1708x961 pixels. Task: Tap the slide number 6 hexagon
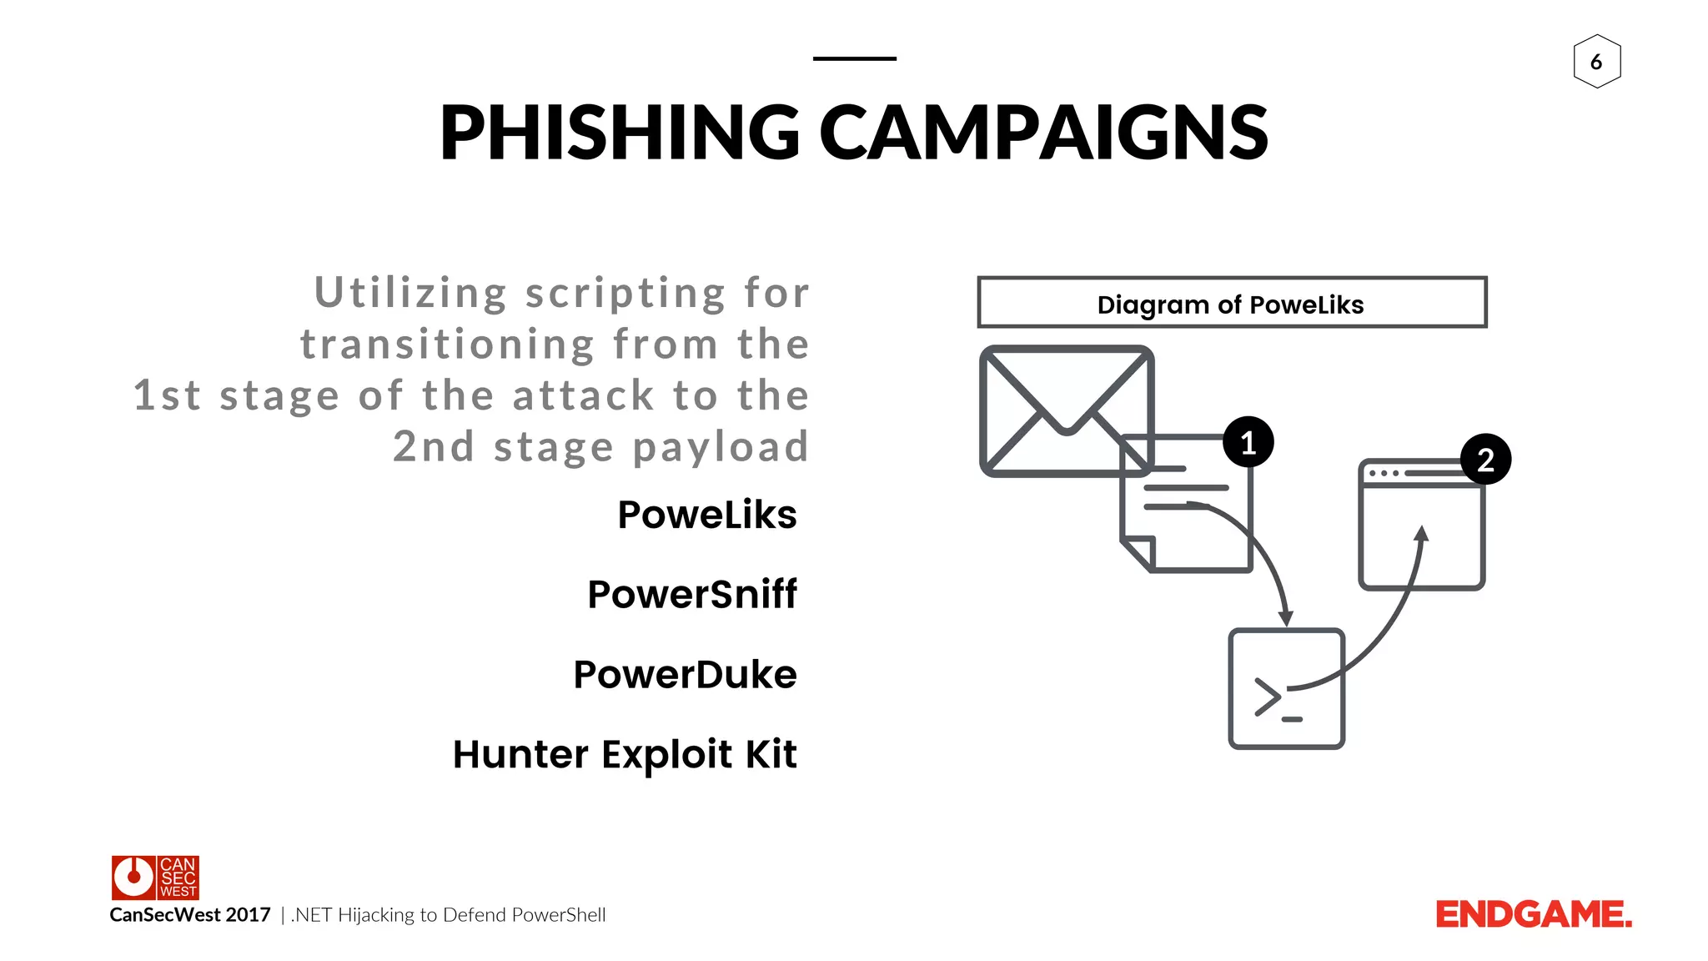pos(1596,61)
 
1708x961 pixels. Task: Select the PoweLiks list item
pos(706,515)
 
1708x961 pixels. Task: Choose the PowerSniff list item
pos(691,595)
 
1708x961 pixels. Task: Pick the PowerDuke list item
pos(685,675)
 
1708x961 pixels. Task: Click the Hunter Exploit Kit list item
pos(625,754)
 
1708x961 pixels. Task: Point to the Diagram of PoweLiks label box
pos(1231,303)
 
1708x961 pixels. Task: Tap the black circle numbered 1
pos(1248,442)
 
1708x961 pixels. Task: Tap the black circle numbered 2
pos(1485,460)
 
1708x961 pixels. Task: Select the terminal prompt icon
pos(1286,689)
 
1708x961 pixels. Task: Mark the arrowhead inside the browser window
pos(1422,533)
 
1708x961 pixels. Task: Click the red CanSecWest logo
pos(155,877)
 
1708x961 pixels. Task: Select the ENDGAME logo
pos(1533,914)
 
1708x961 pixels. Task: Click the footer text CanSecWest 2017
pos(190,915)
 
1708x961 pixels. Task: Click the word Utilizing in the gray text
pos(410,293)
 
